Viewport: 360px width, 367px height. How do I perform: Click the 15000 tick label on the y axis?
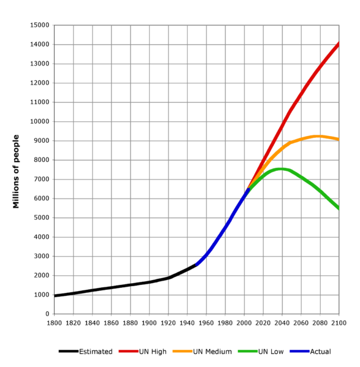pos(40,25)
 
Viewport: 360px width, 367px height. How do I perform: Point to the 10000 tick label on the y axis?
pos(40,121)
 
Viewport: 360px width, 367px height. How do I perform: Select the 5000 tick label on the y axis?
pos(42,218)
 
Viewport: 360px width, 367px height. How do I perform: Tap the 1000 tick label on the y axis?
pos(42,295)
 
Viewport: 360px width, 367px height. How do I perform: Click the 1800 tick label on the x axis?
pos(55,321)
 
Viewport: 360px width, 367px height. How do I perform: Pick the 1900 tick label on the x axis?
pos(150,321)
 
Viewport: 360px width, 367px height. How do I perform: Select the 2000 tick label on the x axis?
pos(244,321)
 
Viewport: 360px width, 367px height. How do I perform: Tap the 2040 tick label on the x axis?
pos(282,321)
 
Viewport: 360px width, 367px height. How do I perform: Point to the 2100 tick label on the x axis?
pos(339,321)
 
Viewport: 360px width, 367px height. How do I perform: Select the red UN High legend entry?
pos(141,351)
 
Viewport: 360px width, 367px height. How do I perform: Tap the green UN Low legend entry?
pos(258,351)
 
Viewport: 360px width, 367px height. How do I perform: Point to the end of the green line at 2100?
pos(339,209)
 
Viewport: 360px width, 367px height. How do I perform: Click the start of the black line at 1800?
pos(55,296)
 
